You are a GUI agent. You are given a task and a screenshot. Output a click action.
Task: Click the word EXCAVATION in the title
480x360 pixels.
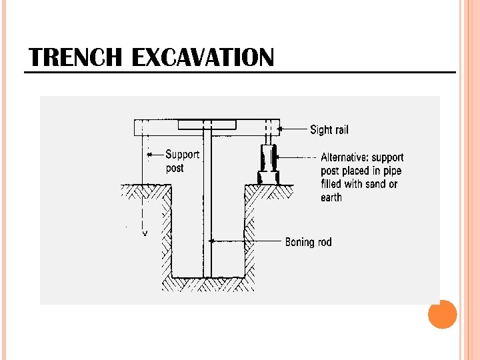203,58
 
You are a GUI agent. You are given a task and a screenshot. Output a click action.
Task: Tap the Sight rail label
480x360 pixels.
329,129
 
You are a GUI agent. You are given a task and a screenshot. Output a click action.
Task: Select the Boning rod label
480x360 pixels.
308,241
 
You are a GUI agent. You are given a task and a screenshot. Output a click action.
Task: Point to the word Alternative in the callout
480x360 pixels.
344,157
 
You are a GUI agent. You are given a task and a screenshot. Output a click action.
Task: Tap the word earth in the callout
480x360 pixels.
331,197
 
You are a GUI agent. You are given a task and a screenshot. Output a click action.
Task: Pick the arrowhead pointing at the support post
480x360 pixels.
149,155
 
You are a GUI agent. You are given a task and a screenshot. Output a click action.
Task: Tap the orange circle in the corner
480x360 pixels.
442,314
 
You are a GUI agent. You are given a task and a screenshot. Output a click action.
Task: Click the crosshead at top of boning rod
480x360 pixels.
207,125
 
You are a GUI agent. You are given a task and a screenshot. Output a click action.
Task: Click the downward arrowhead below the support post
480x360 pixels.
144,234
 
